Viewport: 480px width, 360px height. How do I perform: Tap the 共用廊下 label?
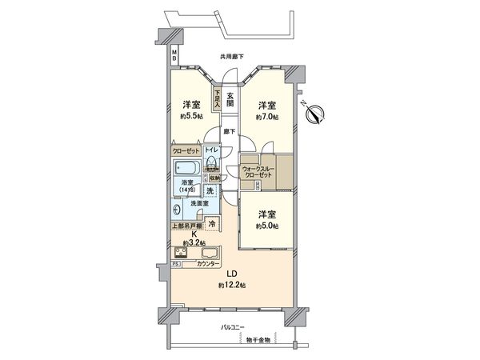click(232, 56)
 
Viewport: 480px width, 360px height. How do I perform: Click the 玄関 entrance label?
click(230, 98)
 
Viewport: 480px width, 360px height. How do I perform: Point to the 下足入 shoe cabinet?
click(217, 98)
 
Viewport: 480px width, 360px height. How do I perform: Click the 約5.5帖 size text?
click(190, 117)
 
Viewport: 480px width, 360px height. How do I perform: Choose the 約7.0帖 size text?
click(267, 117)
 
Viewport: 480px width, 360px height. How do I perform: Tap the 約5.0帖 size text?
click(267, 226)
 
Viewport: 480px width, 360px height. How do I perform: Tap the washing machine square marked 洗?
click(210, 192)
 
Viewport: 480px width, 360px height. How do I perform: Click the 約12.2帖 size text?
click(230, 285)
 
